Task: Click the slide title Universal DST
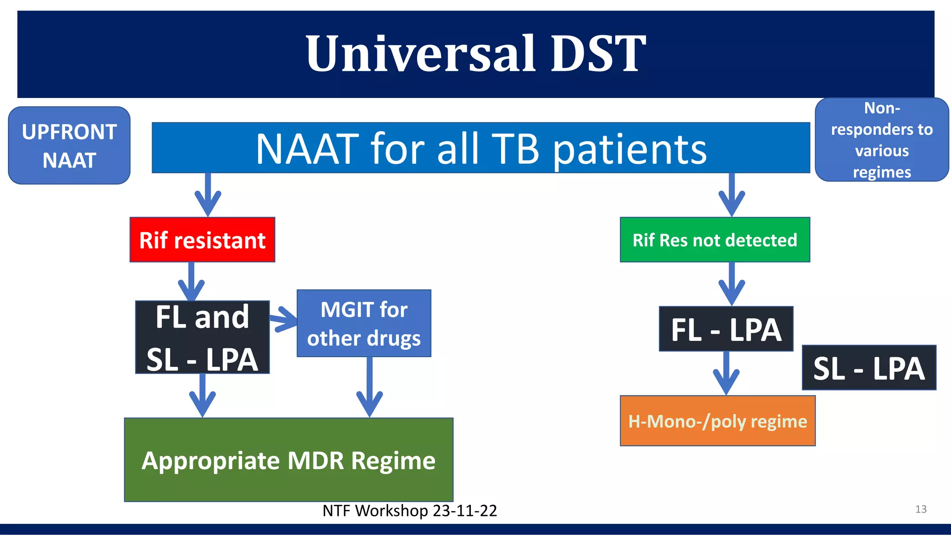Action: (475, 54)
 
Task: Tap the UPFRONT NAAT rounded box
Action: (69, 146)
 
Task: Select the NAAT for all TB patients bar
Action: (481, 148)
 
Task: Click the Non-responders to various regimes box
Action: (881, 140)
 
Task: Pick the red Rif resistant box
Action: (202, 240)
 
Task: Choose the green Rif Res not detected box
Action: (715, 240)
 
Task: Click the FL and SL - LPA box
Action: (202, 338)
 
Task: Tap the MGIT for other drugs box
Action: (364, 324)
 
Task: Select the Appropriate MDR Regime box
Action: (288, 460)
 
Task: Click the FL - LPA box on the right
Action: (726, 329)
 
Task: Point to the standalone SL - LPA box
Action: (869, 368)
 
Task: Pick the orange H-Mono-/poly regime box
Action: (717, 421)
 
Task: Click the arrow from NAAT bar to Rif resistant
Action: (208, 195)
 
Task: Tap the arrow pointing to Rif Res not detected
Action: (732, 195)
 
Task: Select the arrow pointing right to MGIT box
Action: (283, 319)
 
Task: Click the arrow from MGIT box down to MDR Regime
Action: (370, 388)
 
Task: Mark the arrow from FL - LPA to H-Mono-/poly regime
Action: (726, 374)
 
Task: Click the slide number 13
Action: (921, 509)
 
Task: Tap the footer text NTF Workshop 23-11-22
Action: (410, 510)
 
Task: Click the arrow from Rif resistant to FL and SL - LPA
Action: (191, 281)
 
